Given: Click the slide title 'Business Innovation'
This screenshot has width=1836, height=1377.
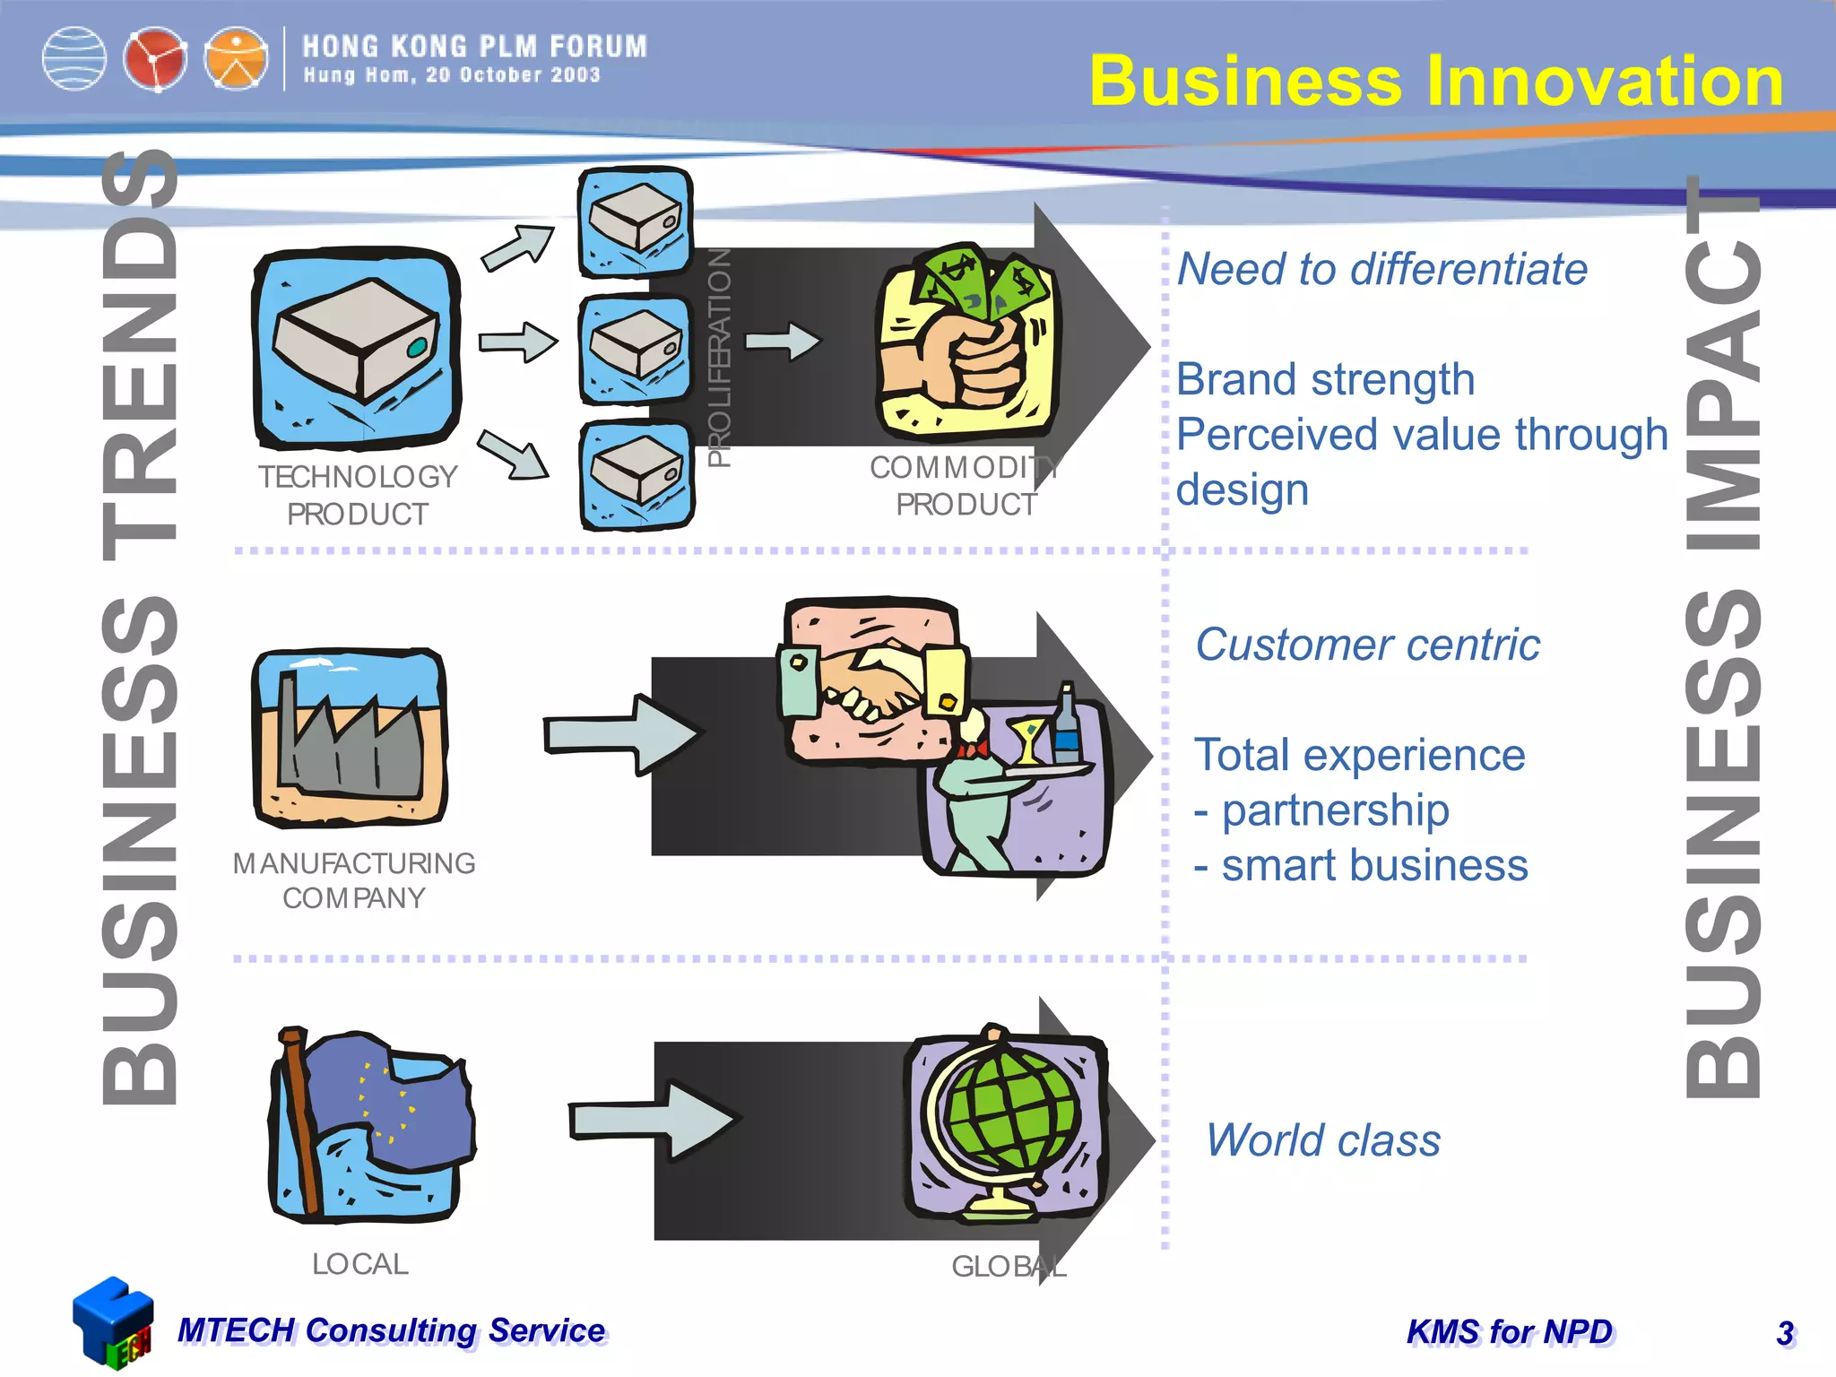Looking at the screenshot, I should click(x=1436, y=81).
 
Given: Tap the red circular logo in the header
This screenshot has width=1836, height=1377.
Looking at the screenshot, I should click(x=154, y=60).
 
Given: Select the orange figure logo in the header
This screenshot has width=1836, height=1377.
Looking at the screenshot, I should click(x=235, y=60).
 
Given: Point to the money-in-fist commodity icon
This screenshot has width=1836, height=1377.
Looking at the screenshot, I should click(x=966, y=341).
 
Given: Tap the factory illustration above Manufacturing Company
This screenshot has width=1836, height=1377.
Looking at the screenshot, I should click(x=350, y=737).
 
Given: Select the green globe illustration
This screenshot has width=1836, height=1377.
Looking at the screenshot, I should click(x=1006, y=1122).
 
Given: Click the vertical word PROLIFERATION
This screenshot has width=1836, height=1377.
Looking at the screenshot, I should click(x=719, y=357).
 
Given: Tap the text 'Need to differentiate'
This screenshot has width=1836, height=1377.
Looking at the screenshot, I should click(x=1381, y=269).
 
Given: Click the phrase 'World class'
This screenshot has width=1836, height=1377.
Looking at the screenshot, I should click(x=1323, y=1140).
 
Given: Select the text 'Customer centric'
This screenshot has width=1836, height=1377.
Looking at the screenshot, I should click(x=1367, y=645).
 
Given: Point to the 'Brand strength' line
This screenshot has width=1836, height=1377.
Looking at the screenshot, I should click(x=1325, y=379).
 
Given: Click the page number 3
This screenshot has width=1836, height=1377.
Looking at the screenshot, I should click(x=1785, y=1333).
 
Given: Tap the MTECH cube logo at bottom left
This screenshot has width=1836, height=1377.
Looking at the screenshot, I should click(x=113, y=1322).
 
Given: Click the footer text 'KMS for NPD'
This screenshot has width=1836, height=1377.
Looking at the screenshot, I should click(x=1510, y=1332).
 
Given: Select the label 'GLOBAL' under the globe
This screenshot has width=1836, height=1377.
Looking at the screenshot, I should click(x=1009, y=1267).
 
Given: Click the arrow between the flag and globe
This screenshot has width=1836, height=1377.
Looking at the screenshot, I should click(x=653, y=1121).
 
